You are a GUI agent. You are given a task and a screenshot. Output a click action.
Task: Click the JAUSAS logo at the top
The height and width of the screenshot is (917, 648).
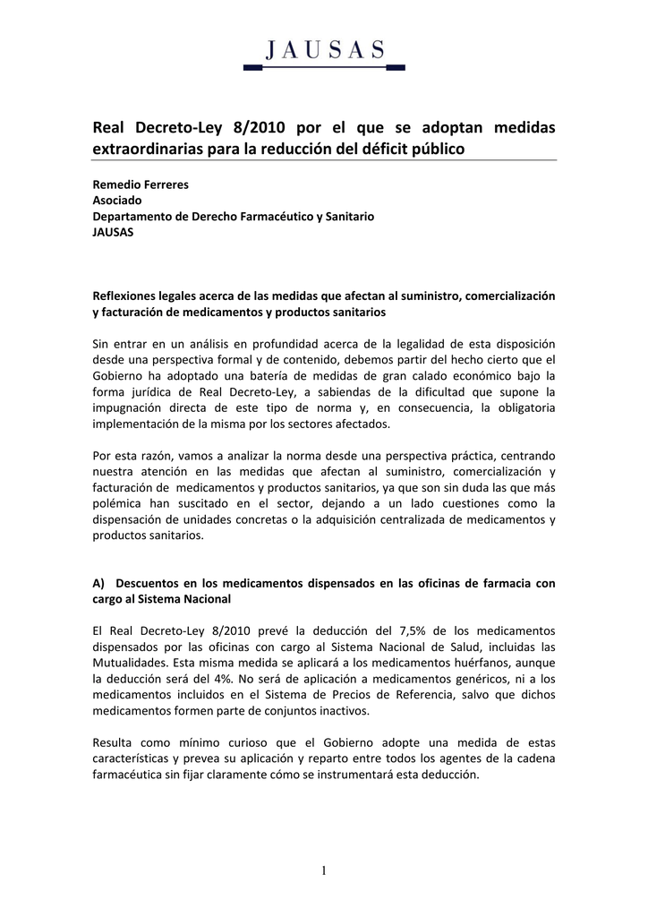coord(324,51)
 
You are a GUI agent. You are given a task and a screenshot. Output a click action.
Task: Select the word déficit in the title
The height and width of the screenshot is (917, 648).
coord(382,149)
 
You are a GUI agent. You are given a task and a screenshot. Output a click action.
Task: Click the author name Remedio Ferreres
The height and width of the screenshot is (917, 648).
coord(141,184)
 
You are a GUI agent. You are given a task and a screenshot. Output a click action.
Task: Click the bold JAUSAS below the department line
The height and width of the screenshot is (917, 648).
coord(114,233)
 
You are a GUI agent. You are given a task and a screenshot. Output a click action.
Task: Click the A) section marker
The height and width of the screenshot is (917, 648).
coord(99,583)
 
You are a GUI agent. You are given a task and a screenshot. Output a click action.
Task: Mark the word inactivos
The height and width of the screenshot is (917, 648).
coord(339,712)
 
